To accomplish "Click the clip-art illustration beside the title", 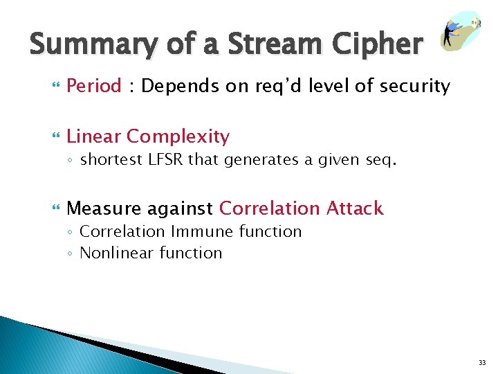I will coord(461,30).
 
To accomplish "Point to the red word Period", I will coord(94,87).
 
